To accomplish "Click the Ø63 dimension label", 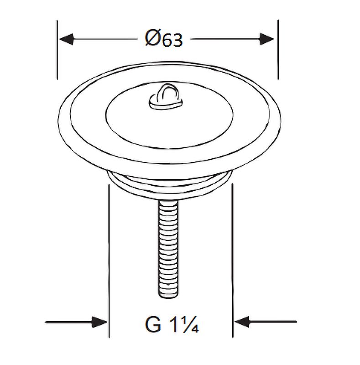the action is [164, 39].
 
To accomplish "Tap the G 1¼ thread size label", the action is [172, 324].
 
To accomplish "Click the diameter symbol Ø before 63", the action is [153, 38].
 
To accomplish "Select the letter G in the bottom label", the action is [153, 324].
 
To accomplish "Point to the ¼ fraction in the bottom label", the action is [191, 324].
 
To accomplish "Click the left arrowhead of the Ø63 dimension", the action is [66, 39].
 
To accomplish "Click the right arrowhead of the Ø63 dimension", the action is [266, 39].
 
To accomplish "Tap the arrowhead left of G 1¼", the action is [99, 322].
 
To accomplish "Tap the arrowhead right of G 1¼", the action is [242, 322].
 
